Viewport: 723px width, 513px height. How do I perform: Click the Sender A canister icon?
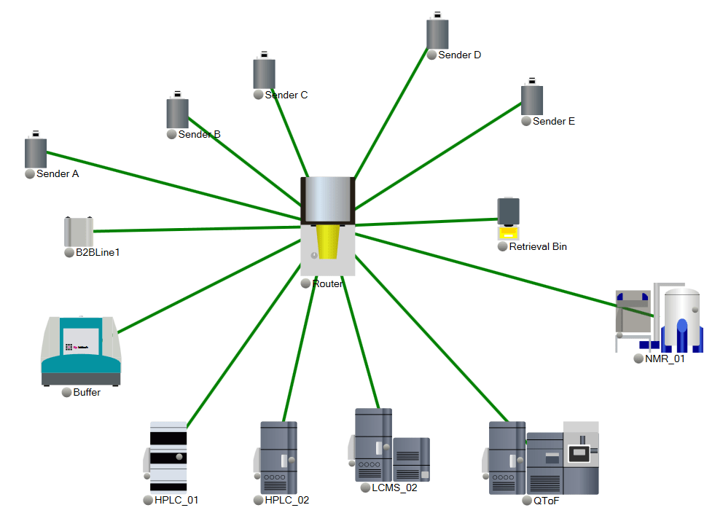pos(35,151)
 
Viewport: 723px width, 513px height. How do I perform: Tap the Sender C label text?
pos(286,95)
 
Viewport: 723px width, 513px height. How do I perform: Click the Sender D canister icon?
pos(437,33)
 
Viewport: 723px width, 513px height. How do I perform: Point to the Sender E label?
pos(553,121)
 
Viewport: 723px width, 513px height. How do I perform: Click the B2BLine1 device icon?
pos(78,232)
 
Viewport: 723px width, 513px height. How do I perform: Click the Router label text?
pos(327,283)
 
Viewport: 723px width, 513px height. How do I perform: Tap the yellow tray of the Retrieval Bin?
pos(508,234)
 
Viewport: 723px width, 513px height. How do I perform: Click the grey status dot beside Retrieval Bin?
pos(502,246)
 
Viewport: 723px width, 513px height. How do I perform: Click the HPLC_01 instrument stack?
pos(168,455)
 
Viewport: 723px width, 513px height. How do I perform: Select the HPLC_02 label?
pos(286,500)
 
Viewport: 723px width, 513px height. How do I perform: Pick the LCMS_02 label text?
pos(394,487)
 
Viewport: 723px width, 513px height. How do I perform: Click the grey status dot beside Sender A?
pos(30,174)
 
